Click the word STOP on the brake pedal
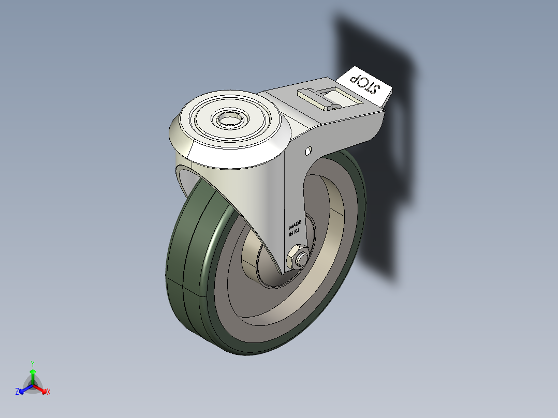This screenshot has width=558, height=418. pyautogui.click(x=364, y=84)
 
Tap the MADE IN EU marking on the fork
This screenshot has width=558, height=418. pyautogui.click(x=295, y=228)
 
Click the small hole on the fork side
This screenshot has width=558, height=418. pyautogui.click(x=307, y=151)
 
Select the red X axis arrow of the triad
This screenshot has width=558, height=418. pyautogui.click(x=42, y=389)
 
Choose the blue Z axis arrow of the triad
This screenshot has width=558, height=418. pyautogui.click(x=24, y=389)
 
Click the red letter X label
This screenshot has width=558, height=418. pyautogui.click(x=49, y=392)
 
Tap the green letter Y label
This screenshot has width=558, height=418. pyautogui.click(x=33, y=364)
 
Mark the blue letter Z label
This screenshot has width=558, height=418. pyautogui.click(x=17, y=392)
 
